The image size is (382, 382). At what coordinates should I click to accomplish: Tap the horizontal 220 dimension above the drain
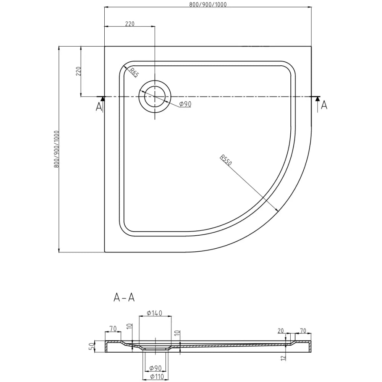(129, 24)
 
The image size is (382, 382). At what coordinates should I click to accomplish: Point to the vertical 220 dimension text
(78, 71)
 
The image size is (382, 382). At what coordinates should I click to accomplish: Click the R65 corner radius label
(133, 72)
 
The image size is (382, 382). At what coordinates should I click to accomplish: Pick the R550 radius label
(226, 160)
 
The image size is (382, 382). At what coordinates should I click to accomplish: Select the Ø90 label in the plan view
(185, 104)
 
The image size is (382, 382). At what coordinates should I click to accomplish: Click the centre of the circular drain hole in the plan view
(154, 97)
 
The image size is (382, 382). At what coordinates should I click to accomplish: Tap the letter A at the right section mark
(324, 105)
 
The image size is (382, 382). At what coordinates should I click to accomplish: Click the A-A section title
(125, 297)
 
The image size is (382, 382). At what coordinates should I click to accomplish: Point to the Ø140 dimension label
(155, 313)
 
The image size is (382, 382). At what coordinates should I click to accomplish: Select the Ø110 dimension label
(155, 377)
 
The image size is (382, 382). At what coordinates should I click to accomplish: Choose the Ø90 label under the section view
(155, 368)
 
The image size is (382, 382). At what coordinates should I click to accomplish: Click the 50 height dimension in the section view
(91, 346)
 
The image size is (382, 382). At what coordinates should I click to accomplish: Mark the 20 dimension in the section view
(282, 331)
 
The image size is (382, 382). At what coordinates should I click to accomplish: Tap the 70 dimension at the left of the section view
(113, 328)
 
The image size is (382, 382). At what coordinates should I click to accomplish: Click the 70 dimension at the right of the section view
(304, 331)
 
